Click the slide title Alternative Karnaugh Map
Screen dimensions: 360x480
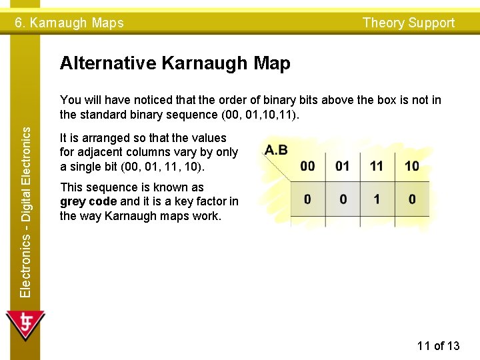tap(175, 64)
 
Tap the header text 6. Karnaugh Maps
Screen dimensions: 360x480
tap(69, 23)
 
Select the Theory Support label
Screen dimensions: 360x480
tap(408, 23)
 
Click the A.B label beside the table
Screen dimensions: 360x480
tap(276, 150)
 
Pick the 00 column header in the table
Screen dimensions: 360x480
tap(308, 166)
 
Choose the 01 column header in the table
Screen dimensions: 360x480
tap(343, 166)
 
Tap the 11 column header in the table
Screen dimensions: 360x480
tap(377, 166)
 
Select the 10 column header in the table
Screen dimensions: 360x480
tap(412, 166)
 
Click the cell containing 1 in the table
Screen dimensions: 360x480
tap(377, 199)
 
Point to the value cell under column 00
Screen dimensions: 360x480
tap(308, 199)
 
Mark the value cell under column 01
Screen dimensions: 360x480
tap(343, 199)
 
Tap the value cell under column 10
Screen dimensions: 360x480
tap(412, 199)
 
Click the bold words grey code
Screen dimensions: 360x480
tap(89, 202)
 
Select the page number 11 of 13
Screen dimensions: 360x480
tap(438, 345)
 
